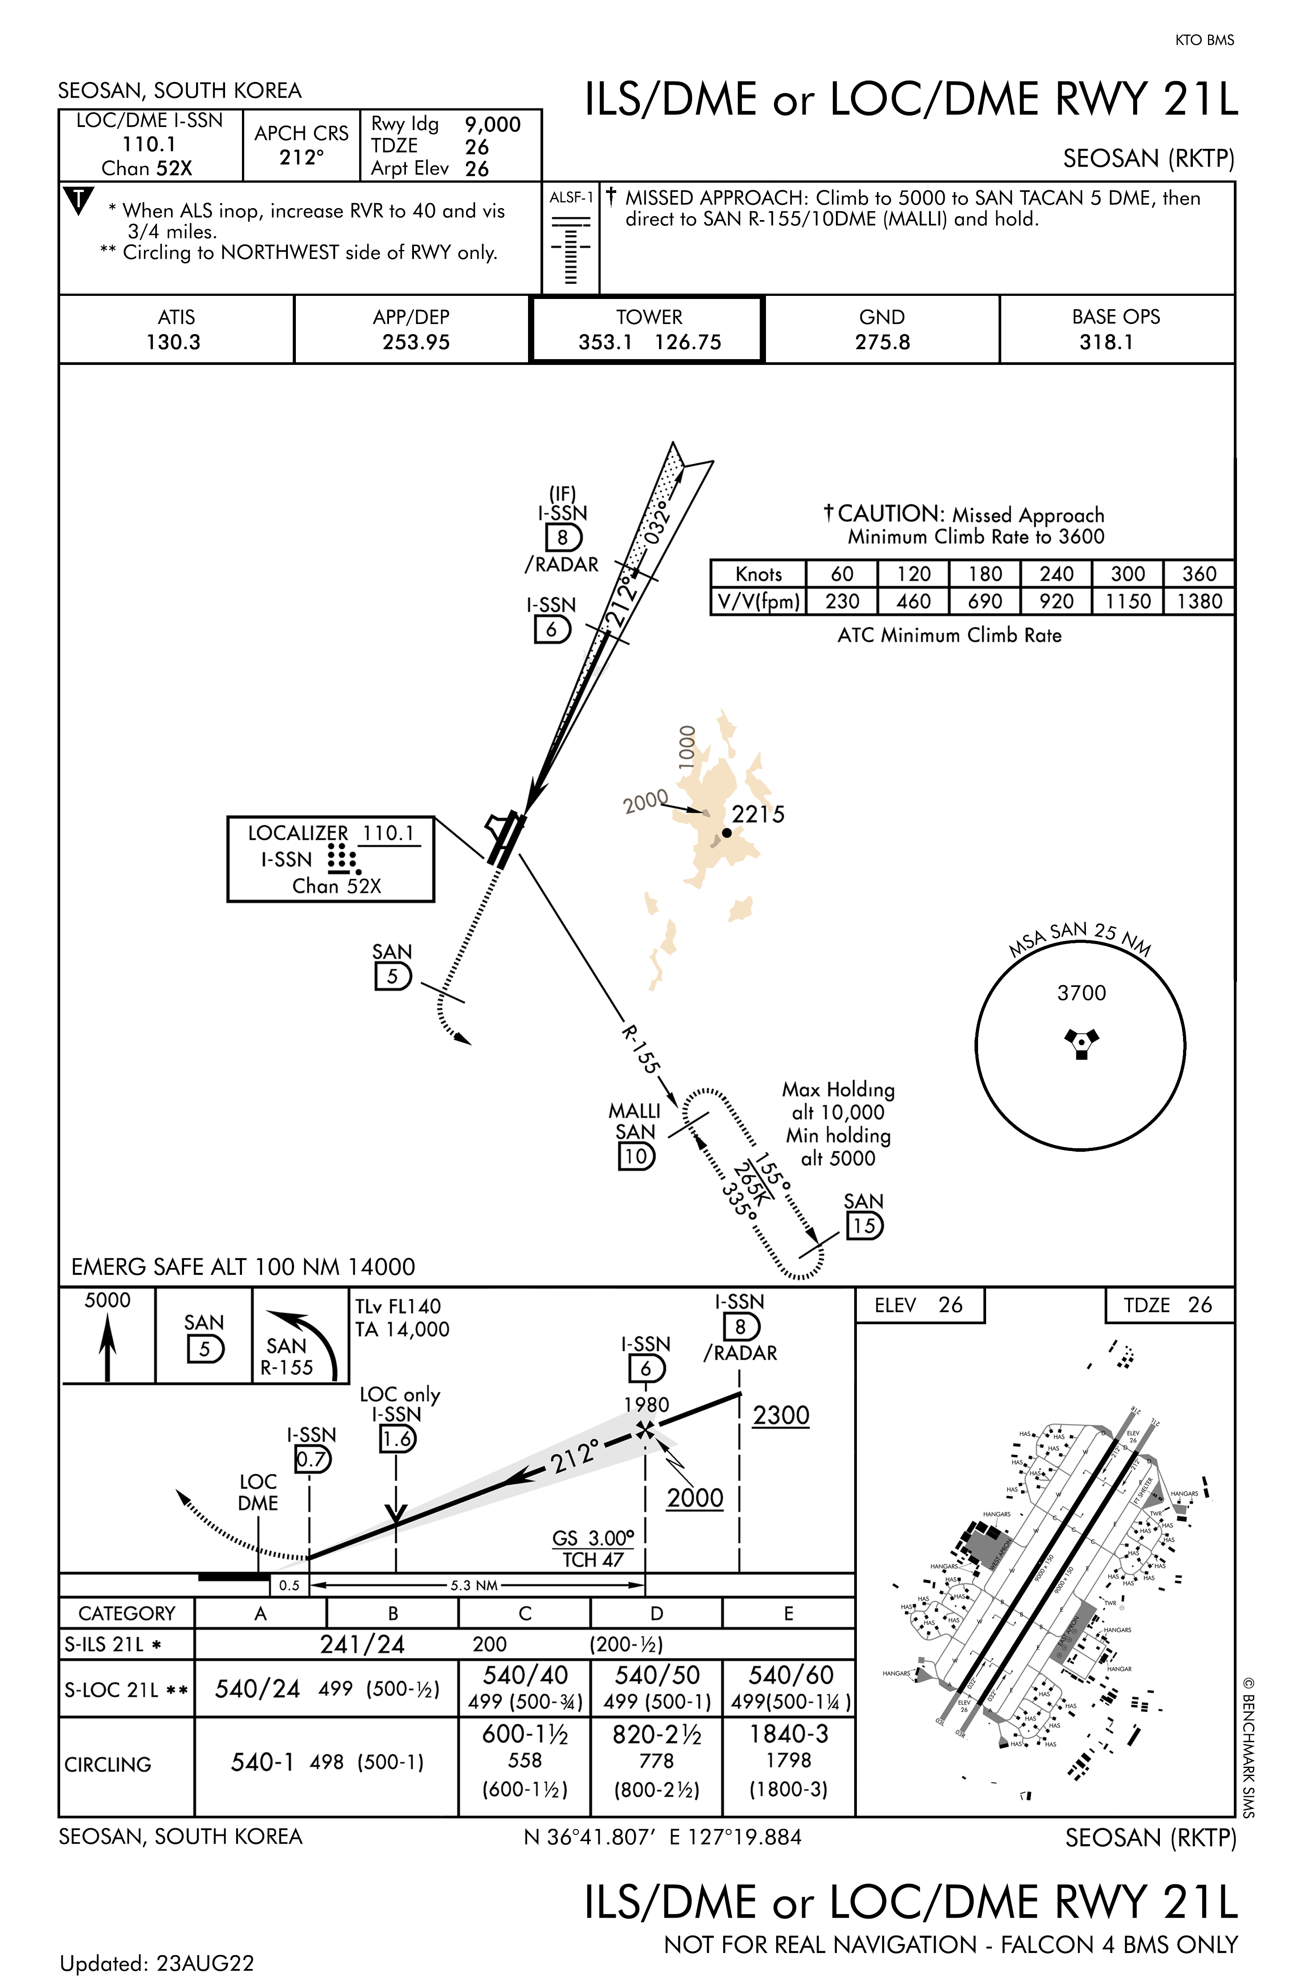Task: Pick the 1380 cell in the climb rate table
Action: point(1199,602)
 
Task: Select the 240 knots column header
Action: point(1056,574)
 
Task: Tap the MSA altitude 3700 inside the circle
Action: point(1081,993)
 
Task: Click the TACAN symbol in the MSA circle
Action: point(1081,1043)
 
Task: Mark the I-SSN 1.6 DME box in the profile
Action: point(397,1439)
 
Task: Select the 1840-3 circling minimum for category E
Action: point(788,1734)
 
